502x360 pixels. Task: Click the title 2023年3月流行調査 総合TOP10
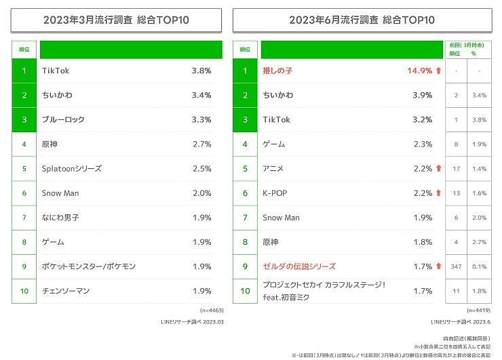click(116, 20)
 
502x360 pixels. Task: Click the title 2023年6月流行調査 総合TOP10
click(362, 20)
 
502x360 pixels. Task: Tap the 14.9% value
click(419, 71)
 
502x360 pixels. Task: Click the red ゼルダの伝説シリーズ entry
click(298, 266)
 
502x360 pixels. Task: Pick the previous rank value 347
click(456, 266)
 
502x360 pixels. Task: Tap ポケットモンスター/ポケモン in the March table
click(88, 266)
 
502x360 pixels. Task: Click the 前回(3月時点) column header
click(469, 44)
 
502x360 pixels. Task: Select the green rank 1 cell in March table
click(24, 71)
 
